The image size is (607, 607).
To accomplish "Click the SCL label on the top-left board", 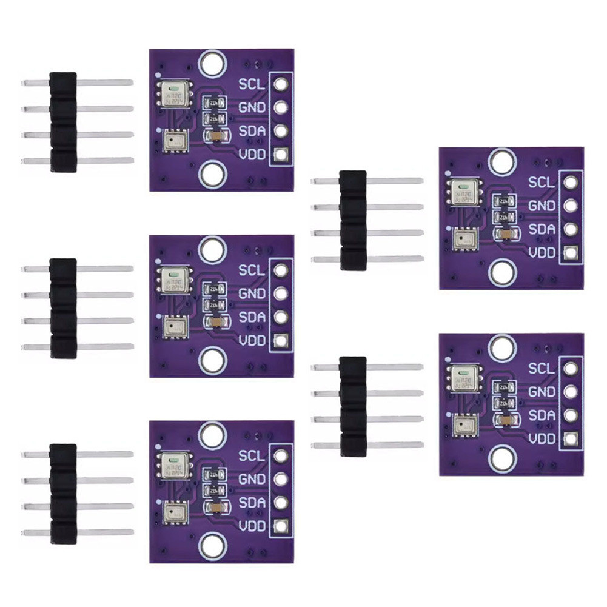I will [x=252, y=84].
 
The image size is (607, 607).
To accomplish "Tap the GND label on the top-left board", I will [x=252, y=107].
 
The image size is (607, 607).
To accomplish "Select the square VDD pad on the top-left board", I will [x=280, y=155].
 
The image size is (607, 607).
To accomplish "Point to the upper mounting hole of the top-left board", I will [x=212, y=62].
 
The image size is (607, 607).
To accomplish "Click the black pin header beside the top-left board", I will [x=63, y=121].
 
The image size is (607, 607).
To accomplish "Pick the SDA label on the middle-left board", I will [x=252, y=317].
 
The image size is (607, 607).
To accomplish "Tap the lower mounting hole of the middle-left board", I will [x=212, y=361].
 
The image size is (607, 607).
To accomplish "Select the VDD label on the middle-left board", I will [x=252, y=341].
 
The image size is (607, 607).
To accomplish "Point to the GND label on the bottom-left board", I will [x=252, y=479].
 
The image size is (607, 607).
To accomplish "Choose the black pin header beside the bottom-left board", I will [x=63, y=493].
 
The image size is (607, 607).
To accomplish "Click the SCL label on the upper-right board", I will [x=541, y=182].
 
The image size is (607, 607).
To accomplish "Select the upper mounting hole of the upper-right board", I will [x=501, y=161].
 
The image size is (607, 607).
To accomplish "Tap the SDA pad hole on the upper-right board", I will [x=569, y=229].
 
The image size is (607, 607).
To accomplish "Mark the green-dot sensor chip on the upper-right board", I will [x=463, y=190].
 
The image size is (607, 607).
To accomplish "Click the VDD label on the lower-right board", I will [x=541, y=439].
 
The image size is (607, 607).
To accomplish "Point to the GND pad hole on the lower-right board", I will [x=569, y=392].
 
